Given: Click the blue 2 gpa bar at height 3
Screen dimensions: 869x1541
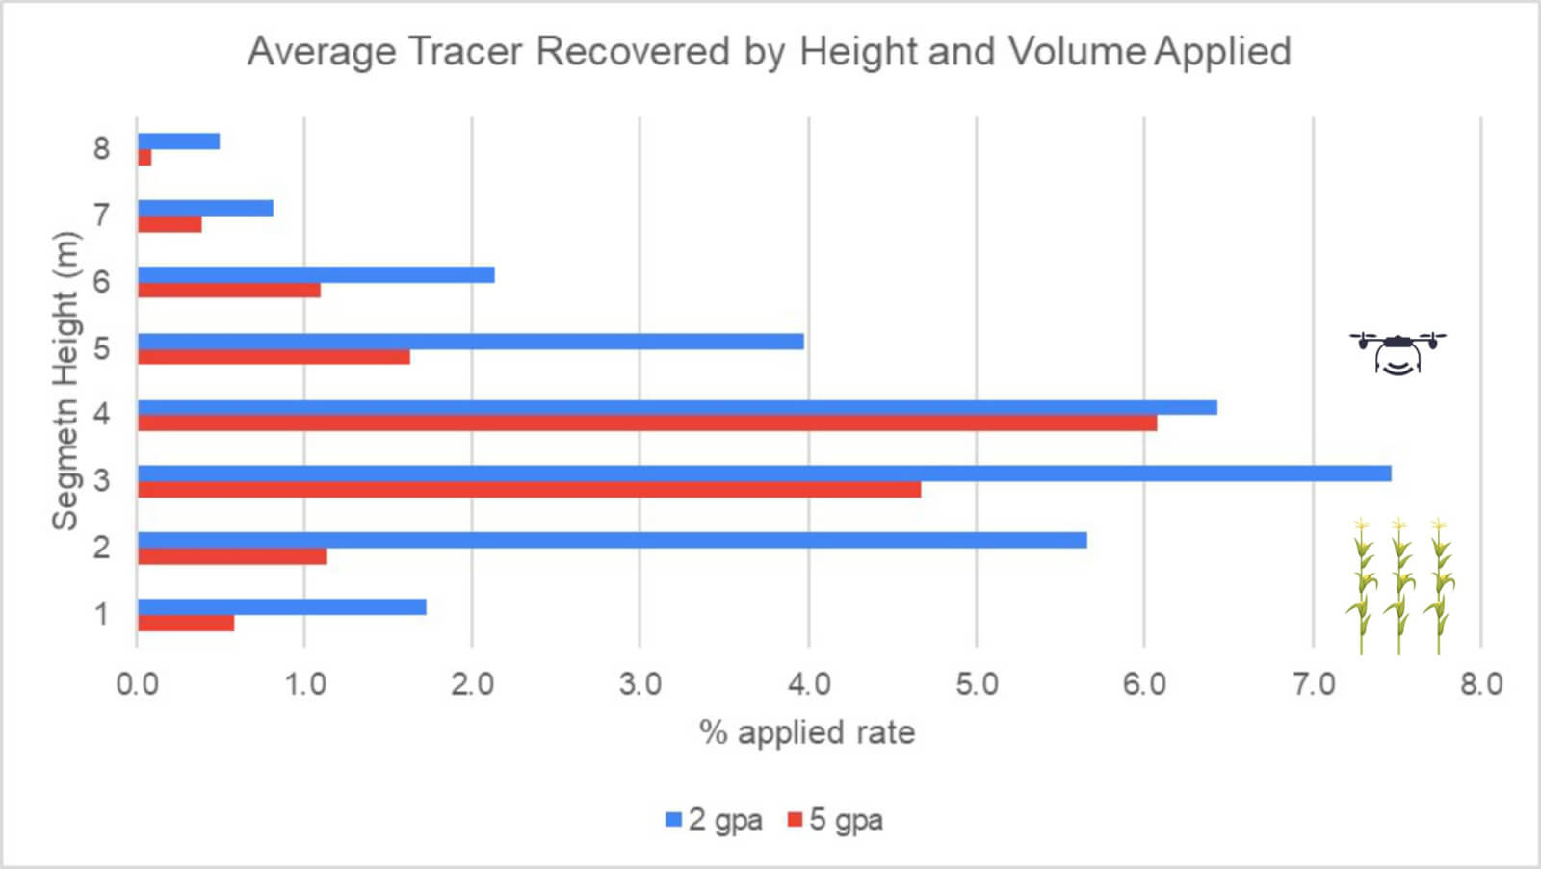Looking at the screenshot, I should tap(764, 473).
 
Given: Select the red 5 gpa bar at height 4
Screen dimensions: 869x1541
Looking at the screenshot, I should tap(646, 422).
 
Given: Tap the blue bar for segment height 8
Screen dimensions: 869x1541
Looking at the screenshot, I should tap(178, 141).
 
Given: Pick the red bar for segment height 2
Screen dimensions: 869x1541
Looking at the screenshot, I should tap(232, 556).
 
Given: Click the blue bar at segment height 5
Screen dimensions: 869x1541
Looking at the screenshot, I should tap(470, 341).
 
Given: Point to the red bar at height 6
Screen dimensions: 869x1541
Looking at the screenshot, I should tap(228, 290).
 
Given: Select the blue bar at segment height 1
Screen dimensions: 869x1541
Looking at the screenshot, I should tap(281, 606).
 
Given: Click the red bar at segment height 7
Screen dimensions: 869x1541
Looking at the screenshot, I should tap(170, 224).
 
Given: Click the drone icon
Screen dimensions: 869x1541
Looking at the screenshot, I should tap(1397, 352).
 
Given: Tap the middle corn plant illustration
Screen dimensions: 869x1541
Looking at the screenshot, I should tap(1399, 585).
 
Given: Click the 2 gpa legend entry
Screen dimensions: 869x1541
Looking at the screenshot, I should tap(714, 820).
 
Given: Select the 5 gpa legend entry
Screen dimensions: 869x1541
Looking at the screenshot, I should tap(834, 820).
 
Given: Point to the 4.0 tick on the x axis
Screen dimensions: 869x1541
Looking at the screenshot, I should tap(808, 684).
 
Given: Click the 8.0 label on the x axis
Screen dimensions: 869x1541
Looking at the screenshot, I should tap(1480, 684).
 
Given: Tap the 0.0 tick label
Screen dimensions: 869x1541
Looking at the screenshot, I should tap(137, 684).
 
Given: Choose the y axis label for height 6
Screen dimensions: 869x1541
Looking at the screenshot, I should tap(101, 282).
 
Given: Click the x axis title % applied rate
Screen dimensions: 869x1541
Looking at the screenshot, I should tap(807, 732).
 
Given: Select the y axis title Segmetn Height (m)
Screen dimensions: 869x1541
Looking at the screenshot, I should tap(65, 380).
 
